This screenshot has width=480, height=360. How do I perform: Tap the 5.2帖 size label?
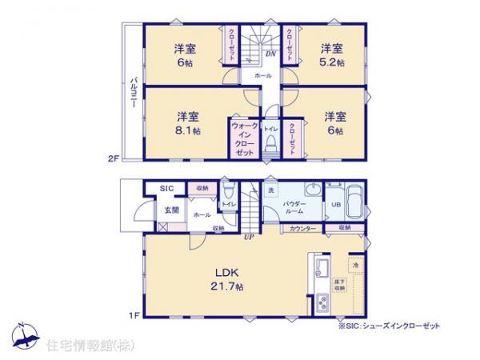[x=334, y=62]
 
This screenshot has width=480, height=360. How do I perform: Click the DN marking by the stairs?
[x=270, y=55]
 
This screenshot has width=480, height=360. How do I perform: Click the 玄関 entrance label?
[x=172, y=210]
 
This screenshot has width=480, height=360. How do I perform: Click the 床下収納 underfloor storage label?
[x=340, y=284]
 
